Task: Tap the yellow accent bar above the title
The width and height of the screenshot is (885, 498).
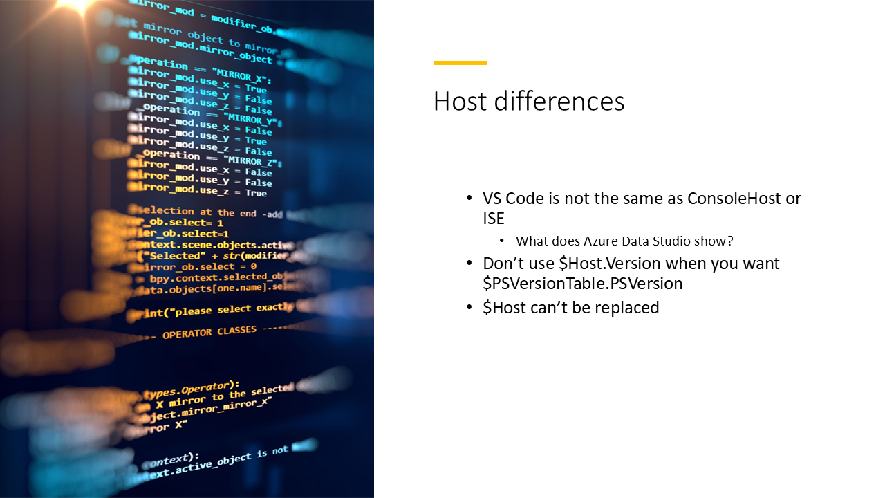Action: [460, 63]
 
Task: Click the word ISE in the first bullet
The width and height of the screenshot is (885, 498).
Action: [494, 219]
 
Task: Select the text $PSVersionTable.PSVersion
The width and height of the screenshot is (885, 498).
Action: [583, 284]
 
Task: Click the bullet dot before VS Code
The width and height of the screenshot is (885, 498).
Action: [470, 199]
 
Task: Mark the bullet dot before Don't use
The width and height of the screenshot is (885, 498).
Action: [470, 264]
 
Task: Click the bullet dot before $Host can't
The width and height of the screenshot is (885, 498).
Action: [470, 308]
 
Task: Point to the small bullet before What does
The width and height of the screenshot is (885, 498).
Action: [503, 242]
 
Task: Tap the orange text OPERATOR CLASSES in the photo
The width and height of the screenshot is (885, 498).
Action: [209, 332]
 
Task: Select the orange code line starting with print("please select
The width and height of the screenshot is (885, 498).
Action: [211, 309]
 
